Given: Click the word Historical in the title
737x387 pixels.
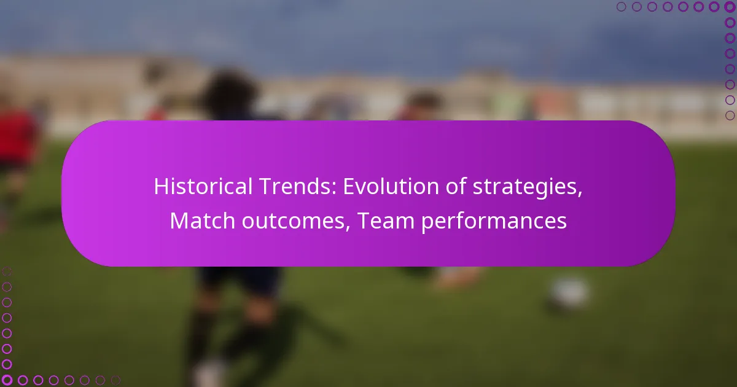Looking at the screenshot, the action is tap(203, 186).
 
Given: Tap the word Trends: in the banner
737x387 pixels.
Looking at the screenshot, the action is tap(298, 186).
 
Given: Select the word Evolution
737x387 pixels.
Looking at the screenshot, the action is tap(391, 186).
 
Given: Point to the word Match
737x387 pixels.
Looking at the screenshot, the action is tap(202, 221).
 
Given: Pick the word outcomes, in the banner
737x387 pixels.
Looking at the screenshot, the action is tap(296, 222).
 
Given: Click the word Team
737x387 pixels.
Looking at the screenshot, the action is tap(386, 221).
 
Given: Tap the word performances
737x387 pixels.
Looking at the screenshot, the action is tap(494, 222).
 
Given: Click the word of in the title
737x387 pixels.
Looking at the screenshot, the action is tap(456, 186).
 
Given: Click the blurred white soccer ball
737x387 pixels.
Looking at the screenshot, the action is tap(569, 293).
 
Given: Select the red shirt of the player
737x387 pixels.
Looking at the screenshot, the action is tap(17, 136).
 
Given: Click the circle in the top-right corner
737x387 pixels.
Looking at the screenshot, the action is tap(730, 7).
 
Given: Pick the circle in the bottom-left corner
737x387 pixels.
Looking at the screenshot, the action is tap(7, 380).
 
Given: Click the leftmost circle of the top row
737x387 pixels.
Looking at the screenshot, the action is tap(621, 7).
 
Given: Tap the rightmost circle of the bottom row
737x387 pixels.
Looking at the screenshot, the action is tap(115, 380).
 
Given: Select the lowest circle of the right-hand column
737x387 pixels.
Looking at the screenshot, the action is tap(730, 115).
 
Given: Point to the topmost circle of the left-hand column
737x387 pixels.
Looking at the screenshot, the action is tap(7, 272).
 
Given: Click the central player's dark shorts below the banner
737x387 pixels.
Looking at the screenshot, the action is tap(239, 279).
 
